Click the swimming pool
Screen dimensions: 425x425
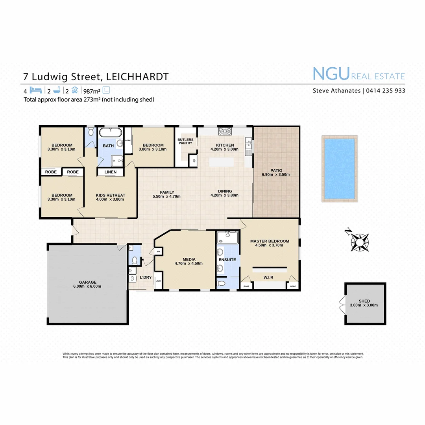coord(339,169)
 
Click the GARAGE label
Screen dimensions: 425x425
coord(87,282)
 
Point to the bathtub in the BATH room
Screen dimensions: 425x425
coord(110,132)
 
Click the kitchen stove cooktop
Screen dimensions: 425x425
coord(225,131)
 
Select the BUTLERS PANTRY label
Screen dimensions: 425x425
coord(185,141)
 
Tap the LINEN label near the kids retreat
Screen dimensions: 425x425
coord(110,172)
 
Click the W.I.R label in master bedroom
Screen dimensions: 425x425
coord(268,277)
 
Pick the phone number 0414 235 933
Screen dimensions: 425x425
coord(386,91)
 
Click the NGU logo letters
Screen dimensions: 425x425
coord(331,74)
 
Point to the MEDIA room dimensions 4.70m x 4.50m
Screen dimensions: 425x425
coord(188,264)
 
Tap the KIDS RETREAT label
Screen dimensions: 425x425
coord(111,195)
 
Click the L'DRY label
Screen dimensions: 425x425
coord(146,278)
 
